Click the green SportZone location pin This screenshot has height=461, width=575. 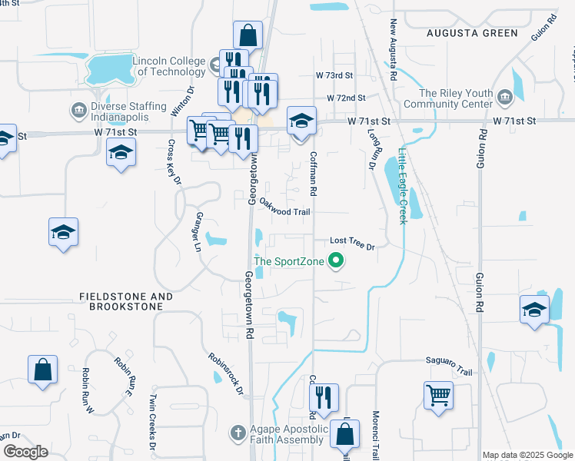[x=335, y=262]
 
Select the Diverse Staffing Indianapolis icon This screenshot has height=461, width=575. [x=78, y=110]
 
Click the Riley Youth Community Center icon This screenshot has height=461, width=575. [x=505, y=98]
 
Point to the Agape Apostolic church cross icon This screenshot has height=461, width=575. [x=238, y=433]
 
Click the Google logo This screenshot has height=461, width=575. [x=25, y=452]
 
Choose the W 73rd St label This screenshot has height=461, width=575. [x=334, y=76]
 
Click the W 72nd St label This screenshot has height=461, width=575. [x=345, y=99]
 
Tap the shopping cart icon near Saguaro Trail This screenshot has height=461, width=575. [x=438, y=396]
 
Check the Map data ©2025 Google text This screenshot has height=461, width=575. [x=527, y=455]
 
